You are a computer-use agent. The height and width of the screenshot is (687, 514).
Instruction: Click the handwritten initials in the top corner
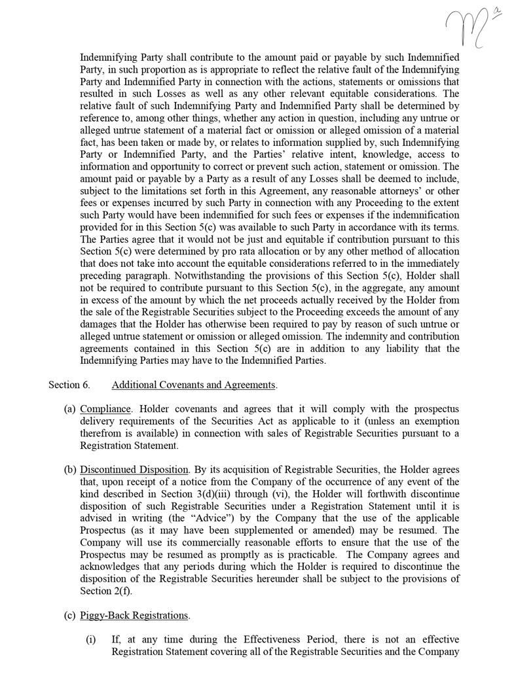(470, 27)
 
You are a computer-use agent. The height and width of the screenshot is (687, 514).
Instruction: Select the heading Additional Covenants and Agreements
(194, 385)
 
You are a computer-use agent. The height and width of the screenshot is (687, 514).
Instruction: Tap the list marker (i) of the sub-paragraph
(92, 639)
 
